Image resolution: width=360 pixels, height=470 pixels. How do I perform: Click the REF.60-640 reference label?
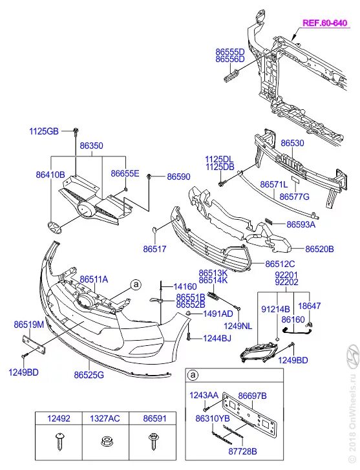(325, 21)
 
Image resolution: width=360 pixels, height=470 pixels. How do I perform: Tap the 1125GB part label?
(43, 131)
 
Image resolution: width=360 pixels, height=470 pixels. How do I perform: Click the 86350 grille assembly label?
(90, 147)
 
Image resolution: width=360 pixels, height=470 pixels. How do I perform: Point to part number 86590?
(178, 176)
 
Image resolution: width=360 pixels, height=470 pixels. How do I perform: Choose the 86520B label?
(319, 248)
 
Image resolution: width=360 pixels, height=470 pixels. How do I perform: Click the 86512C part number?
(280, 263)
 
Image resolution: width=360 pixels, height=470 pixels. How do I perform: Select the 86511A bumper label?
(94, 279)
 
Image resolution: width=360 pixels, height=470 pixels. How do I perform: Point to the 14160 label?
(184, 286)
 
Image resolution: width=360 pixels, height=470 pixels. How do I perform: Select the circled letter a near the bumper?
(136, 284)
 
